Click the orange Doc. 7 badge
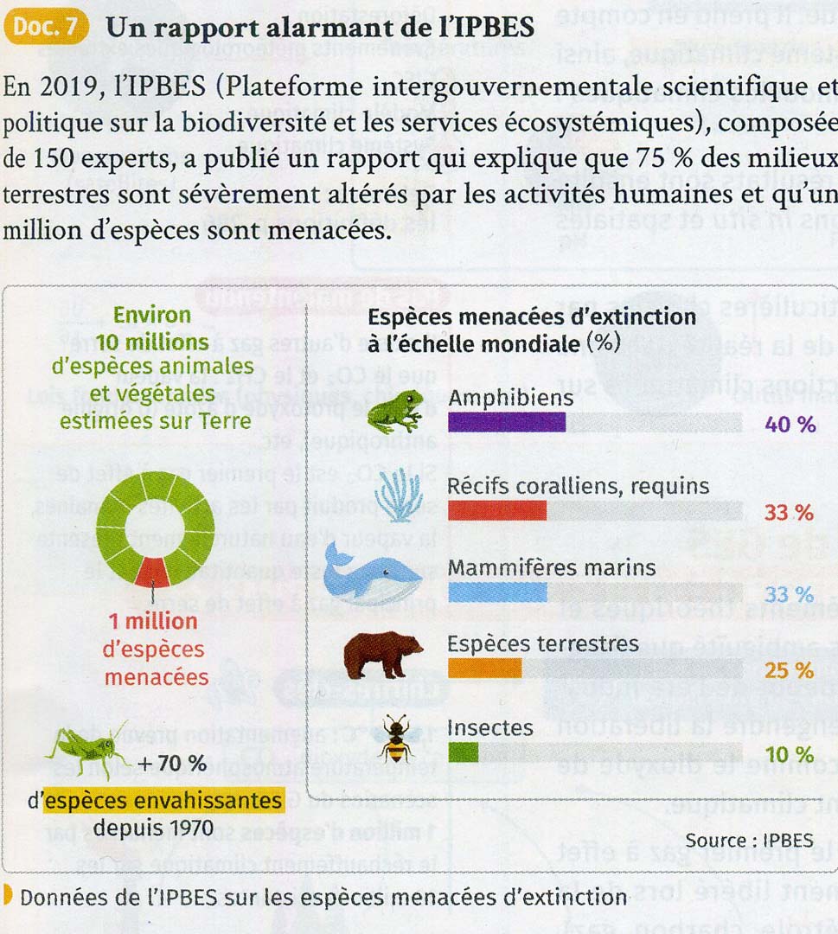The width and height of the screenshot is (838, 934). click(x=46, y=26)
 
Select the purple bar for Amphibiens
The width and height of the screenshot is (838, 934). click(x=507, y=422)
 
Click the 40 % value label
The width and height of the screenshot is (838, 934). click(x=790, y=424)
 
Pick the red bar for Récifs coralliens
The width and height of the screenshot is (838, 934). click(x=497, y=511)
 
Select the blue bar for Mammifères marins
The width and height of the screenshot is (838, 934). click(x=497, y=592)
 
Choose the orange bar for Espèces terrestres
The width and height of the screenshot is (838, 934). click(x=484, y=669)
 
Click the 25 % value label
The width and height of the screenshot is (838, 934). click(x=790, y=670)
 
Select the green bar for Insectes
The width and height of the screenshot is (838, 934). click(x=463, y=752)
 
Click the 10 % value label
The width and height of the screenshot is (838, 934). click(x=790, y=754)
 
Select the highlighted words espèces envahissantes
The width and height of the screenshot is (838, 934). click(x=163, y=801)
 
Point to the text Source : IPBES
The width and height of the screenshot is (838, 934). click(x=749, y=840)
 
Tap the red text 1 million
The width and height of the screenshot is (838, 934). click(x=154, y=622)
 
